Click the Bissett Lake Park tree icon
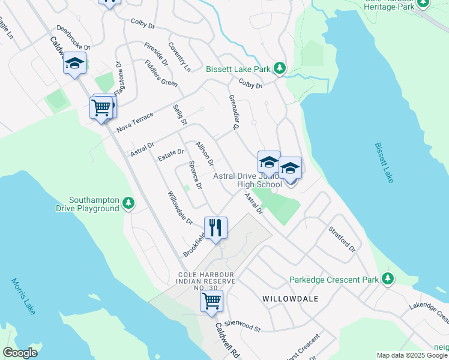coord(279,69)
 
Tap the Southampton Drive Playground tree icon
coord(128,204)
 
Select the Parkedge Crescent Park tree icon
coord(388,279)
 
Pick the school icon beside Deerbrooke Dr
coord(74,63)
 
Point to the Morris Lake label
coord(23,296)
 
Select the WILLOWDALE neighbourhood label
coord(289,298)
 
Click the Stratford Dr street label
coord(342,239)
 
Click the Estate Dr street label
coord(170,156)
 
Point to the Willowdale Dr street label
coord(179,208)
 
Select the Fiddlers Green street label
coord(161,74)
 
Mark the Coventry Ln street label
coord(179,56)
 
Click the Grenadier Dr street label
coord(234,112)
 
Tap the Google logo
coord(20,353)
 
